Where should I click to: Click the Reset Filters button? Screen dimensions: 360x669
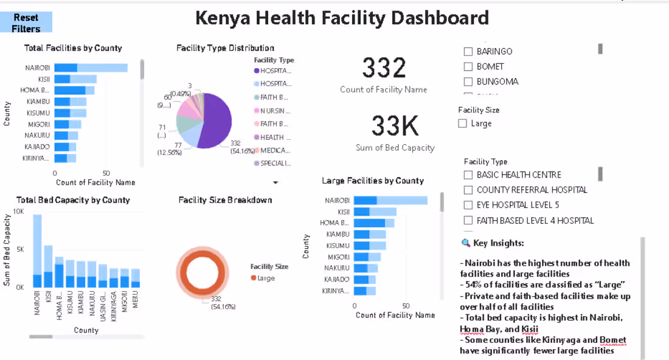click(26, 22)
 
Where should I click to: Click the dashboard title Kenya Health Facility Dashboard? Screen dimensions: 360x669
click(342, 18)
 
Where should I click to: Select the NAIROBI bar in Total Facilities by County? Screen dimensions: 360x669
click(91, 67)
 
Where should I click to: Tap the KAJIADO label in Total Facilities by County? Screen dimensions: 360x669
click(38, 147)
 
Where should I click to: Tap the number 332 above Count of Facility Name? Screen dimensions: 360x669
click(384, 68)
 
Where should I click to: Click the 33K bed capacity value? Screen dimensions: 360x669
click(395, 126)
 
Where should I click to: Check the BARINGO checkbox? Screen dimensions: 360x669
click(468, 52)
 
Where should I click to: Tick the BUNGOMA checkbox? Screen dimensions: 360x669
click(468, 81)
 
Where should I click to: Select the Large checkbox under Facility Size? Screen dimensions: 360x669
click(463, 123)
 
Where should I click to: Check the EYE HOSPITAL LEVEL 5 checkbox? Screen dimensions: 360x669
click(468, 205)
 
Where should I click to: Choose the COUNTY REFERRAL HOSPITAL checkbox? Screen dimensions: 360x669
click(468, 190)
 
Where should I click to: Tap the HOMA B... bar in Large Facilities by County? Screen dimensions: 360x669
click(373, 223)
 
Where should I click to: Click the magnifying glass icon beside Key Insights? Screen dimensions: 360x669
click(466, 243)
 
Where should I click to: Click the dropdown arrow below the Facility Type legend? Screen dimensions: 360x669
click(275, 182)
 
